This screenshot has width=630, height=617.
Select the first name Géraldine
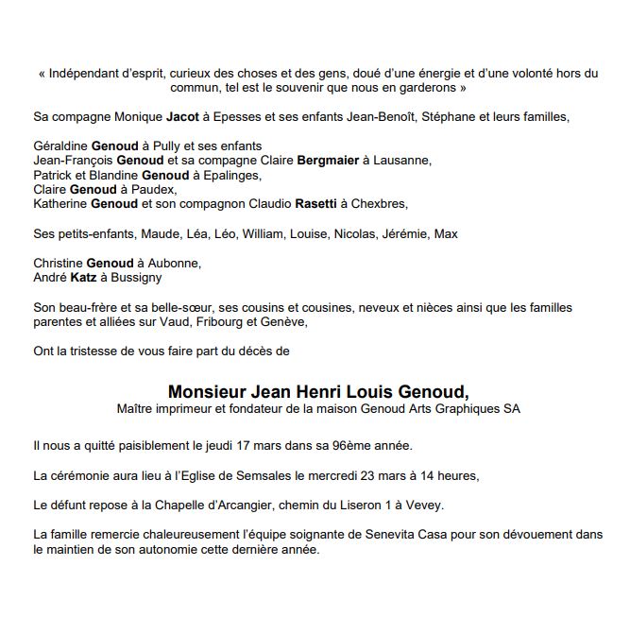(x=60, y=146)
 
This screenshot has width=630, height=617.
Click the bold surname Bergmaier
(x=328, y=161)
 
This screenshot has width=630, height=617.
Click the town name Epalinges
(x=226, y=175)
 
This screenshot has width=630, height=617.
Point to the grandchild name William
(x=263, y=233)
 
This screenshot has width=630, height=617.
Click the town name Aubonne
(x=176, y=263)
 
